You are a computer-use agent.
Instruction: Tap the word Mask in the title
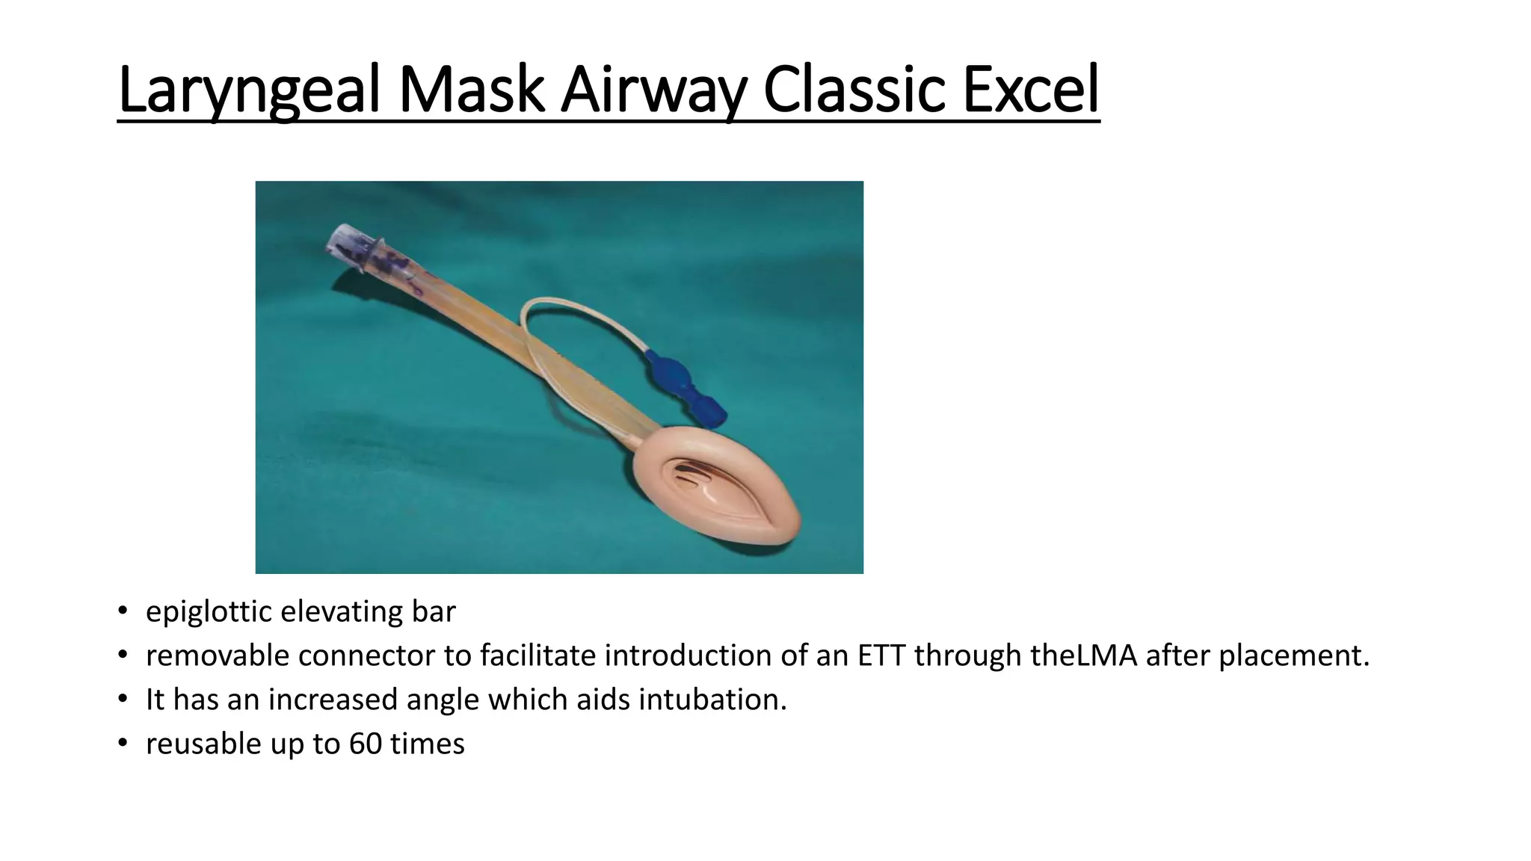[x=471, y=90]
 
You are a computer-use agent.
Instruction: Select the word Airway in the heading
[x=653, y=90]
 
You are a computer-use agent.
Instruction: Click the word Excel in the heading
[x=1031, y=90]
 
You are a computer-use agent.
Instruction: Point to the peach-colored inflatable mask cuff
[x=777, y=523]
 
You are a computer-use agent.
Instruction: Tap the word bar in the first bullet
[x=434, y=612]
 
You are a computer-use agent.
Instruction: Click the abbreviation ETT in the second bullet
[x=881, y=655]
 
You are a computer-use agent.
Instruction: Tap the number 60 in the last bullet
[x=365, y=744]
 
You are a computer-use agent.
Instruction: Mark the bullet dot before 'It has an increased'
[x=123, y=700]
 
